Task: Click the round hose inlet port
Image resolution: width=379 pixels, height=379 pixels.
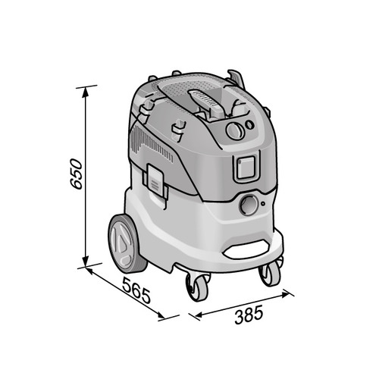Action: pyautogui.click(x=248, y=205)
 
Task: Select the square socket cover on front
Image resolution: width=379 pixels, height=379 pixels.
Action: pyautogui.click(x=244, y=169)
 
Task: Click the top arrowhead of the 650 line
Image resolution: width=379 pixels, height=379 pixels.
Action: pyautogui.click(x=85, y=89)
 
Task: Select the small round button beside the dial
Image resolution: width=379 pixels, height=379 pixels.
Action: pyautogui.click(x=249, y=124)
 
